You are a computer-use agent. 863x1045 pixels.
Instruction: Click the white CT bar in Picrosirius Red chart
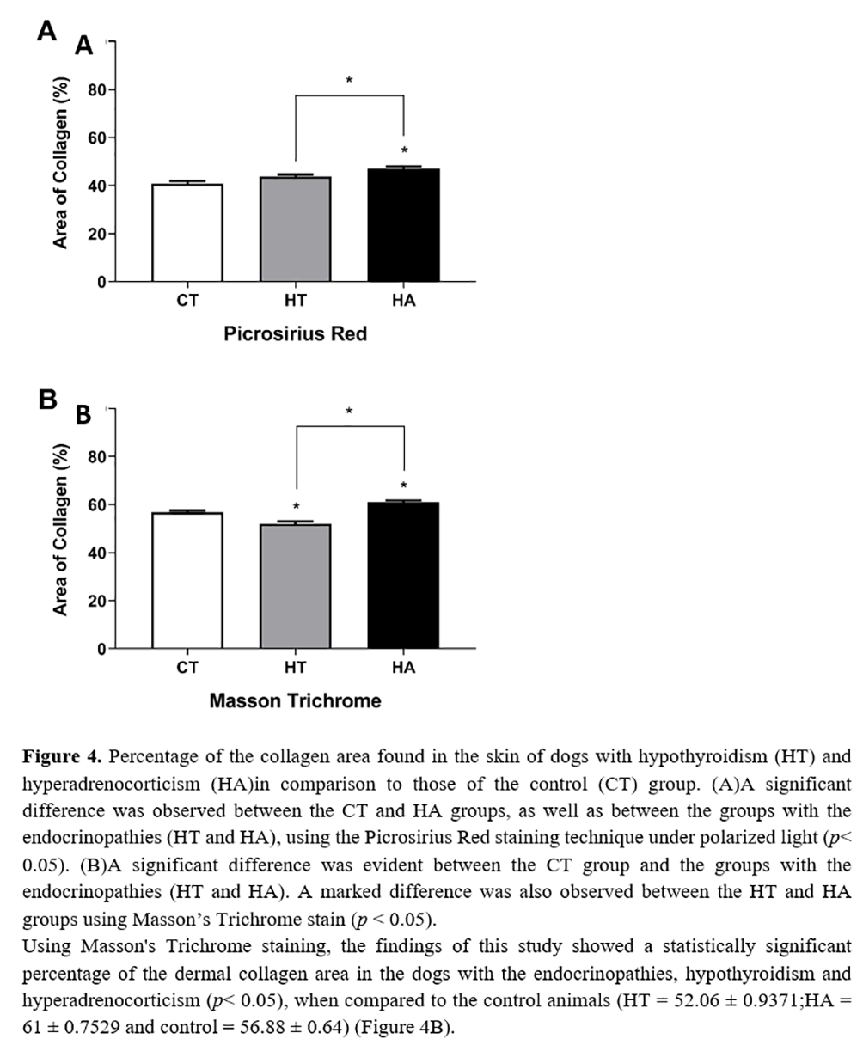point(187,233)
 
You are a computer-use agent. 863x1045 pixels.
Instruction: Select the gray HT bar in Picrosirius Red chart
point(295,229)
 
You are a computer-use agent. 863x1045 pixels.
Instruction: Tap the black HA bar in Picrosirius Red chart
point(403,225)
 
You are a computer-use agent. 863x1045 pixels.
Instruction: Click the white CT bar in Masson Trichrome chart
point(187,581)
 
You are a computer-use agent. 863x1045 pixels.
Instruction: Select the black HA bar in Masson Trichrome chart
point(403,576)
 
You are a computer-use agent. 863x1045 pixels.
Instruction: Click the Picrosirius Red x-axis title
point(295,333)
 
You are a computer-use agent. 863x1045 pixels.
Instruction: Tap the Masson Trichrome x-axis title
point(295,700)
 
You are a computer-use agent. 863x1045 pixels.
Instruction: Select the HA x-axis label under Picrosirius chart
point(403,302)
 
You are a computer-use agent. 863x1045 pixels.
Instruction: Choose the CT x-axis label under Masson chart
point(187,668)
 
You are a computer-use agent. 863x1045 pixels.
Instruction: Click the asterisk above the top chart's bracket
point(349,81)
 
